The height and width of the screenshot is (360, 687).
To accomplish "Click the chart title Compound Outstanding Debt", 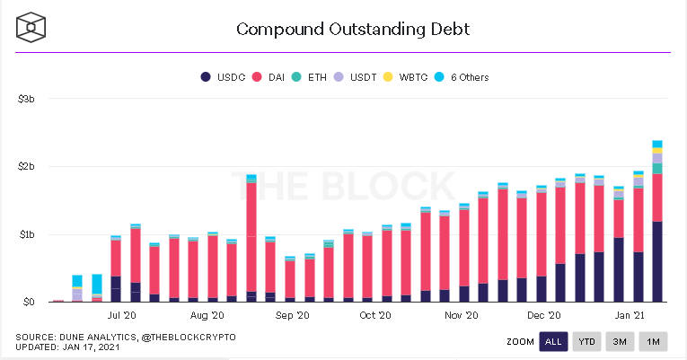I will pyautogui.click(x=352, y=29).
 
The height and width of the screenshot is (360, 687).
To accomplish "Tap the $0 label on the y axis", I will pyautogui.click(x=29, y=303).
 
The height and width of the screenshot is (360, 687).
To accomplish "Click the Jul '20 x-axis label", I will pyautogui.click(x=121, y=316).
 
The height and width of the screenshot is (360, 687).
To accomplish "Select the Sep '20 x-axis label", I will pyautogui.click(x=292, y=316).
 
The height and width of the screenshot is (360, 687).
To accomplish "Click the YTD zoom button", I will pyautogui.click(x=586, y=341).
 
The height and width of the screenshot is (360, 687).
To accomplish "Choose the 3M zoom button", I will pyautogui.click(x=620, y=341).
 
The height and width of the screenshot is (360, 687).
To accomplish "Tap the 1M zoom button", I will pyautogui.click(x=654, y=341).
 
